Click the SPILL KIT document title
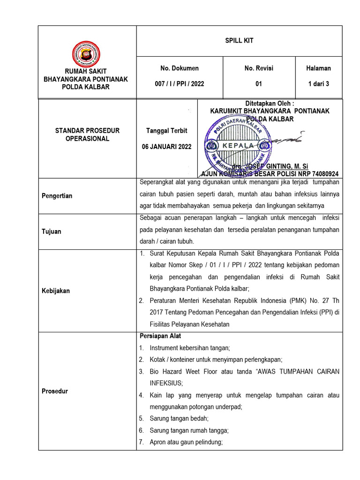(239, 41)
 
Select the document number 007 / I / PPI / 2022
(180, 84)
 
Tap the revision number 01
(259, 84)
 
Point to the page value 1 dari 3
(319, 84)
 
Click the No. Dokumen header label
(180, 68)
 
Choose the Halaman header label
(319, 68)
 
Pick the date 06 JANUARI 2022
(167, 147)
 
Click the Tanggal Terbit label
(167, 131)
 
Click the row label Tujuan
(52, 232)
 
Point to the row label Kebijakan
(56, 291)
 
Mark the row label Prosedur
(55, 391)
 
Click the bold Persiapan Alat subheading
(161, 336)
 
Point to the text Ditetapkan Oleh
(270, 103)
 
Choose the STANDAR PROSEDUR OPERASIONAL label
(87, 135)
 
